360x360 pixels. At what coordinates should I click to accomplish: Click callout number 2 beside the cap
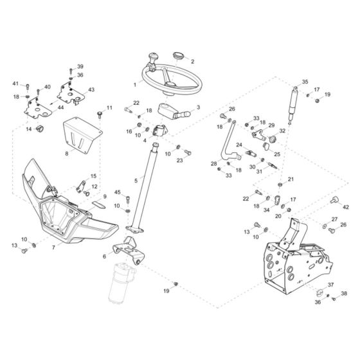pos(193,62)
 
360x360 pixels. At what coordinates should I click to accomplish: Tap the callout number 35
pos(305,82)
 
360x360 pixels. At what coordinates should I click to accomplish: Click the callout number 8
pos(67,154)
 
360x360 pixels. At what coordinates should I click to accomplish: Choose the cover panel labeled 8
pos(82,135)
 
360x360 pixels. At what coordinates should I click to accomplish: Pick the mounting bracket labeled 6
pos(129,250)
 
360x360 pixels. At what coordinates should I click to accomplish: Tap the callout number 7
pos(53,248)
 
